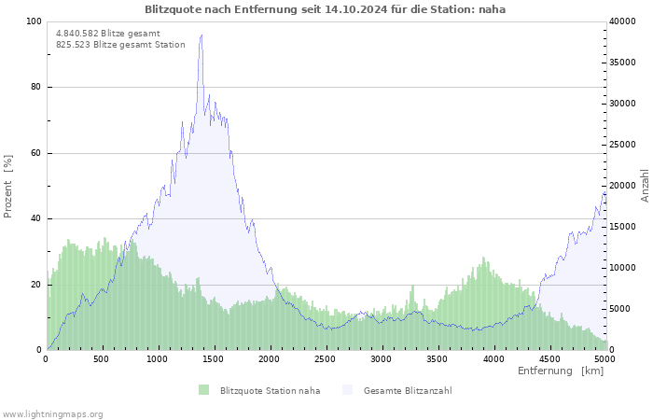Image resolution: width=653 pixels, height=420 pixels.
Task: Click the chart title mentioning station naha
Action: pyautogui.click(x=325, y=9)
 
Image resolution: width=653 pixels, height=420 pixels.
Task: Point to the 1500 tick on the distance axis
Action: pyautogui.click(x=213, y=358)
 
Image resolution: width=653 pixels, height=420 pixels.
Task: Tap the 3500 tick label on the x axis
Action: pyautogui.click(x=438, y=358)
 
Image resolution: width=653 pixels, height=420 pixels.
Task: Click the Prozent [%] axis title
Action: pyautogui.click(x=7, y=187)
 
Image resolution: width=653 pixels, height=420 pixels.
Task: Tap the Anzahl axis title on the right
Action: pyautogui.click(x=645, y=186)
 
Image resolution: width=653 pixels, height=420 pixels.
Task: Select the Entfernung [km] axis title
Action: pyautogui.click(x=561, y=371)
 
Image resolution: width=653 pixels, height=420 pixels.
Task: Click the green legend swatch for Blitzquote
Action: pyautogui.click(x=203, y=390)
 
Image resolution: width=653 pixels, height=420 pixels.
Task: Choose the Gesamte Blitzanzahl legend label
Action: pyautogui.click(x=408, y=391)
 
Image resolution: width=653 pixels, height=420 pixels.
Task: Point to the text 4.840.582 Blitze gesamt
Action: pyautogui.click(x=108, y=34)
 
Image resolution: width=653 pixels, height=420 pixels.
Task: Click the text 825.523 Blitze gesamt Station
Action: pyautogui.click(x=120, y=45)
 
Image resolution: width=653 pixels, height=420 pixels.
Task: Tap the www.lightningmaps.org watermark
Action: pyautogui.click(x=51, y=414)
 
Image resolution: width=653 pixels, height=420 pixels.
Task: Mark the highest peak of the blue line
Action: pyautogui.click(x=201, y=35)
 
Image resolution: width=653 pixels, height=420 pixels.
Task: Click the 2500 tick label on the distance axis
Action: pyautogui.click(x=325, y=358)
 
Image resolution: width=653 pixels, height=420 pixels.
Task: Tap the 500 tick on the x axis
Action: pyautogui.click(x=101, y=358)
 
